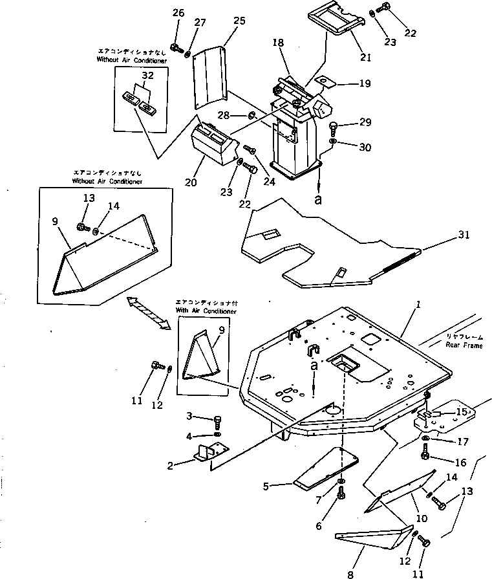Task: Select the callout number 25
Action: point(239,22)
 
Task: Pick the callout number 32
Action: point(148,75)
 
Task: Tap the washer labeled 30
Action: point(332,141)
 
